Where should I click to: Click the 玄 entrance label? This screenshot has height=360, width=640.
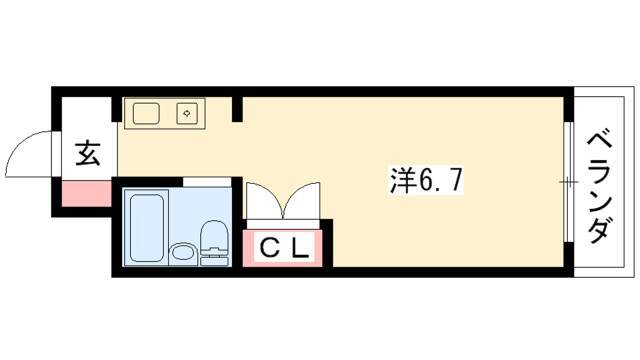[x=88, y=153]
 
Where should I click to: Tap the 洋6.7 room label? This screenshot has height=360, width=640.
[x=427, y=181]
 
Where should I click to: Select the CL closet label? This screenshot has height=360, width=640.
[x=283, y=248]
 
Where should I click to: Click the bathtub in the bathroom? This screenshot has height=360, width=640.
[x=147, y=227]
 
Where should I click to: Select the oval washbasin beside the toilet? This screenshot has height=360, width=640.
[x=182, y=252]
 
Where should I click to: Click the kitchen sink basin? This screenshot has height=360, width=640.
[x=146, y=113]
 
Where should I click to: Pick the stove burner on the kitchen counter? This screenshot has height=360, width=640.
[x=187, y=113]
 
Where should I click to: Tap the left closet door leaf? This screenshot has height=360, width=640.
[x=263, y=200]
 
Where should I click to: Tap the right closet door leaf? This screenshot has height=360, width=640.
[x=302, y=200]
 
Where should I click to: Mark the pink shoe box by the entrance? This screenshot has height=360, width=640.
[x=86, y=194]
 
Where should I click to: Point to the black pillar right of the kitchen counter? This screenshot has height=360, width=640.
[x=237, y=109]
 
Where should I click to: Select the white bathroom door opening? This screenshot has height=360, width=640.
[x=207, y=182]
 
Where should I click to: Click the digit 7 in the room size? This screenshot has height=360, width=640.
[x=455, y=181]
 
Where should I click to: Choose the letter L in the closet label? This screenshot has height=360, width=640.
[x=300, y=248]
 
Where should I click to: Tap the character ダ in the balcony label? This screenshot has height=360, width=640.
[x=600, y=231]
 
